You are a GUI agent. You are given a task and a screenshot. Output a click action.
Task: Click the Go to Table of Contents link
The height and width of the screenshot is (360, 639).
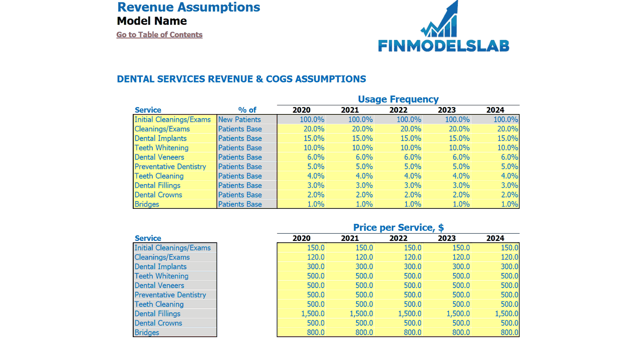click(159, 34)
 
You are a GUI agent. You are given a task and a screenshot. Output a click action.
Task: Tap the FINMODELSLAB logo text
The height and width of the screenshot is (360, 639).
click(444, 46)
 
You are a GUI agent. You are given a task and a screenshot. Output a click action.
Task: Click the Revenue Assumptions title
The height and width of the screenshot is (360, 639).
click(189, 7)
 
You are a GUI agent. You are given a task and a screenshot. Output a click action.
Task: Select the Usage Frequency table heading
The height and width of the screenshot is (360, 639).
click(398, 99)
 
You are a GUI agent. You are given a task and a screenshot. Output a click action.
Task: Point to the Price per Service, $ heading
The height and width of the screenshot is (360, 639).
click(398, 227)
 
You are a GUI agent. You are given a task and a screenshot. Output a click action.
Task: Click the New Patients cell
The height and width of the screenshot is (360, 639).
click(240, 120)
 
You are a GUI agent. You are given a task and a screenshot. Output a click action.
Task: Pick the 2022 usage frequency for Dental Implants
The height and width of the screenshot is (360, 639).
click(411, 138)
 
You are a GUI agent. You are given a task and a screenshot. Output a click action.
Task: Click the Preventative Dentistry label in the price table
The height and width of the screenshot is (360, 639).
click(170, 295)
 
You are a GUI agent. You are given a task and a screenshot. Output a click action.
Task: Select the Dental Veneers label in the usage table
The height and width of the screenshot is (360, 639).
click(159, 157)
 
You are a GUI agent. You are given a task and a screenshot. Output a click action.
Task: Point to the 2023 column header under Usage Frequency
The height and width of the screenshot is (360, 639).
click(447, 110)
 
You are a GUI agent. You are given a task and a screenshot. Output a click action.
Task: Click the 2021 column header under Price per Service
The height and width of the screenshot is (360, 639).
click(350, 238)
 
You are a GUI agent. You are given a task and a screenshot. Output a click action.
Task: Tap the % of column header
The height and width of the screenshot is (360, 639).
click(247, 110)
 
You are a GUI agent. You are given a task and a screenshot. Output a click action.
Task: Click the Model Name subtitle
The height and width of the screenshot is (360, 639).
click(152, 21)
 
